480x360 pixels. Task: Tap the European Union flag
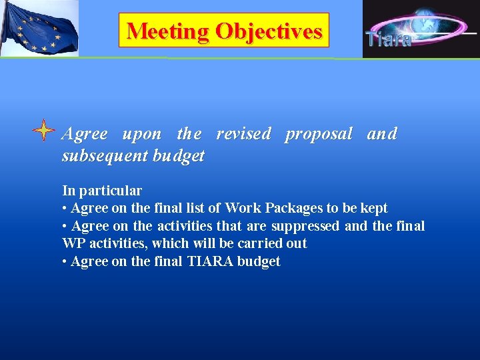click(39, 28)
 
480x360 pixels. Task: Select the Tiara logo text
click(388, 39)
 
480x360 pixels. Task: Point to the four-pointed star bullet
click(43, 131)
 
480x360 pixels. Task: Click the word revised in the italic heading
click(243, 133)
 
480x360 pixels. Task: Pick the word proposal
click(318, 133)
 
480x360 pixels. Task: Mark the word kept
click(374, 208)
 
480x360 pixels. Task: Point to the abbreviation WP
click(73, 243)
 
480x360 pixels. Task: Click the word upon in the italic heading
click(141, 133)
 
